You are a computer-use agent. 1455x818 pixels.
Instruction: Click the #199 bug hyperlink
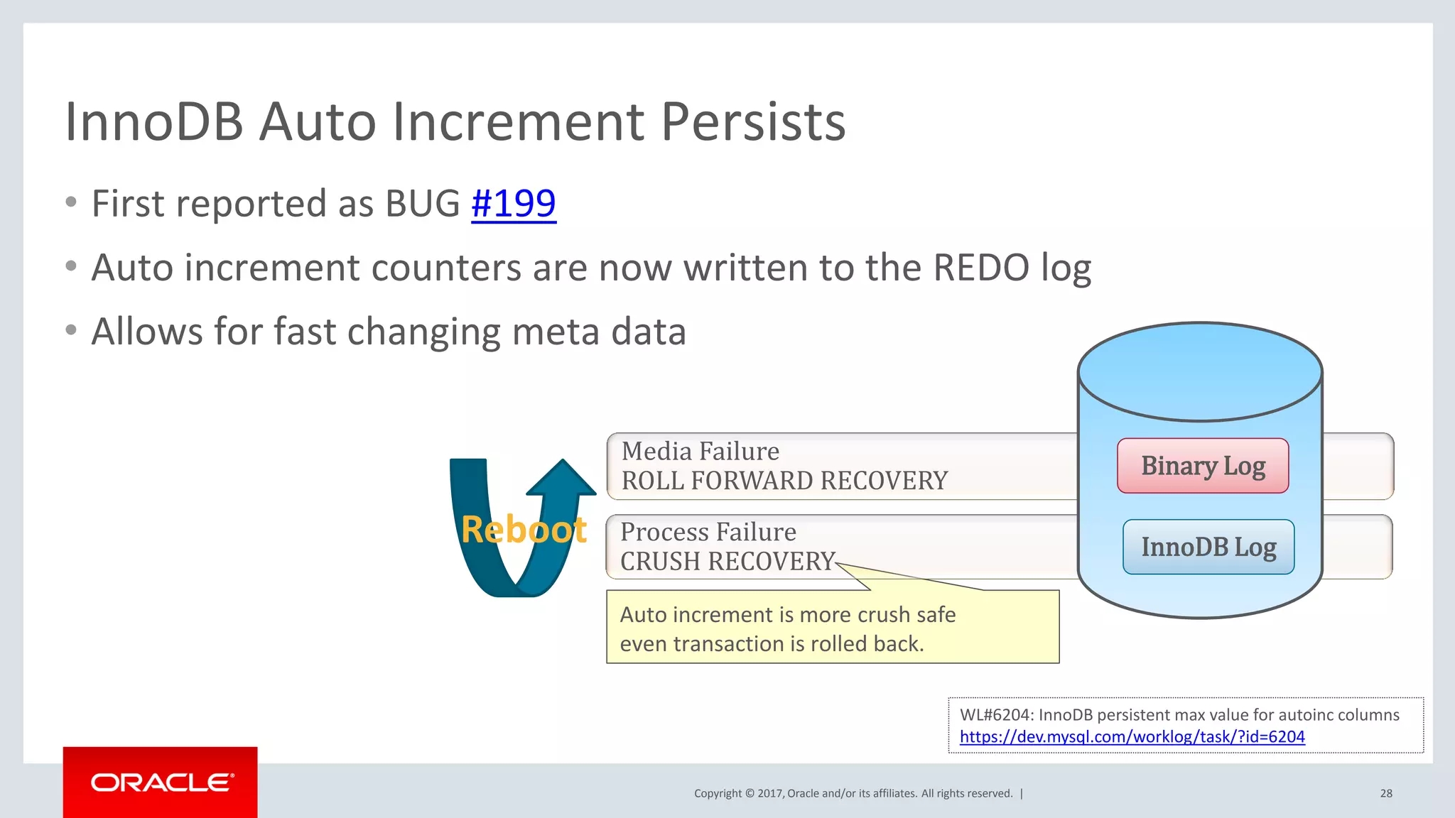coord(513,204)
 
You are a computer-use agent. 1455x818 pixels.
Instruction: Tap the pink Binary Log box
coord(1202,466)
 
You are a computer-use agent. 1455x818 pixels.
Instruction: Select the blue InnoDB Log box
coord(1208,547)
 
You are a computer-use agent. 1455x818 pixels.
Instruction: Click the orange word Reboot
coord(524,530)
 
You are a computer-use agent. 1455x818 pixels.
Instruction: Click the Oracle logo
coord(161,782)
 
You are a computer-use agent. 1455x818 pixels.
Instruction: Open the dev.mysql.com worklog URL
coord(1132,737)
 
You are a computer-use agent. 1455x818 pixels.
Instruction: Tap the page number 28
coord(1385,793)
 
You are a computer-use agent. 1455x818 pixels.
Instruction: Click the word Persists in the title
coord(753,122)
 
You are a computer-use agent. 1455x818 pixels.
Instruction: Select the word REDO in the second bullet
coord(980,268)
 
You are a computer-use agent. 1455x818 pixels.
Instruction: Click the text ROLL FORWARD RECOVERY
coord(784,481)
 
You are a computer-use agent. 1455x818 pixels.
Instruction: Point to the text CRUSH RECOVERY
coord(727,562)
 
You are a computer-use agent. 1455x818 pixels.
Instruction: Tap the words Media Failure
coord(700,452)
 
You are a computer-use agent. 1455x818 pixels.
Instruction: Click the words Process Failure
coord(708,532)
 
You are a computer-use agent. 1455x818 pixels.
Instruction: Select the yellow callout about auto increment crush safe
coord(832,628)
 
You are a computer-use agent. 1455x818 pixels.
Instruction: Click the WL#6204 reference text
coord(1179,715)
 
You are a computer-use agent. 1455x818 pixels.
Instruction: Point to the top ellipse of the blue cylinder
coord(1199,371)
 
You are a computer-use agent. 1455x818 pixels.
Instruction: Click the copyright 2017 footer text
coord(853,793)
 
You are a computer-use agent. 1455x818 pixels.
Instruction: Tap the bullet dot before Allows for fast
coord(70,330)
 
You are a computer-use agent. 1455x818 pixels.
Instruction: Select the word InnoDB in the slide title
coord(154,122)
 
